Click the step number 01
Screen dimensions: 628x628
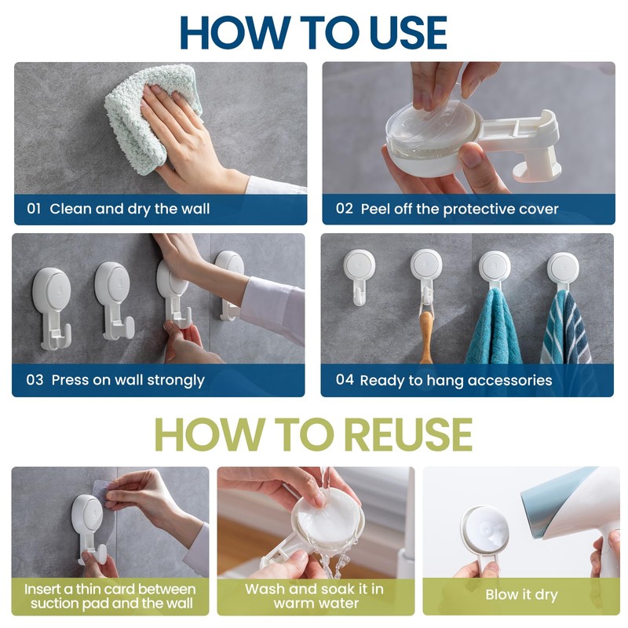pyautogui.click(x=34, y=208)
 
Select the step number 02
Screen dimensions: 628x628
pyautogui.click(x=344, y=208)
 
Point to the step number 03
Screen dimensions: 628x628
pyautogui.click(x=35, y=380)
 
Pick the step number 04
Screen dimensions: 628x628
pyautogui.click(x=345, y=380)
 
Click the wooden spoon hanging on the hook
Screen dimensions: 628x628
pyautogui.click(x=425, y=337)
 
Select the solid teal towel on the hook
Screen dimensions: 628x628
pyautogui.click(x=495, y=328)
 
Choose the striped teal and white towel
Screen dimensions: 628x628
pyautogui.click(x=565, y=328)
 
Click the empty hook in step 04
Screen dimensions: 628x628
pyautogui.click(x=360, y=277)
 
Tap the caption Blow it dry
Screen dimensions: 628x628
pyautogui.click(x=521, y=595)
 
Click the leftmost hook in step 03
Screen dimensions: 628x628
pyautogui.click(x=53, y=305)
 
